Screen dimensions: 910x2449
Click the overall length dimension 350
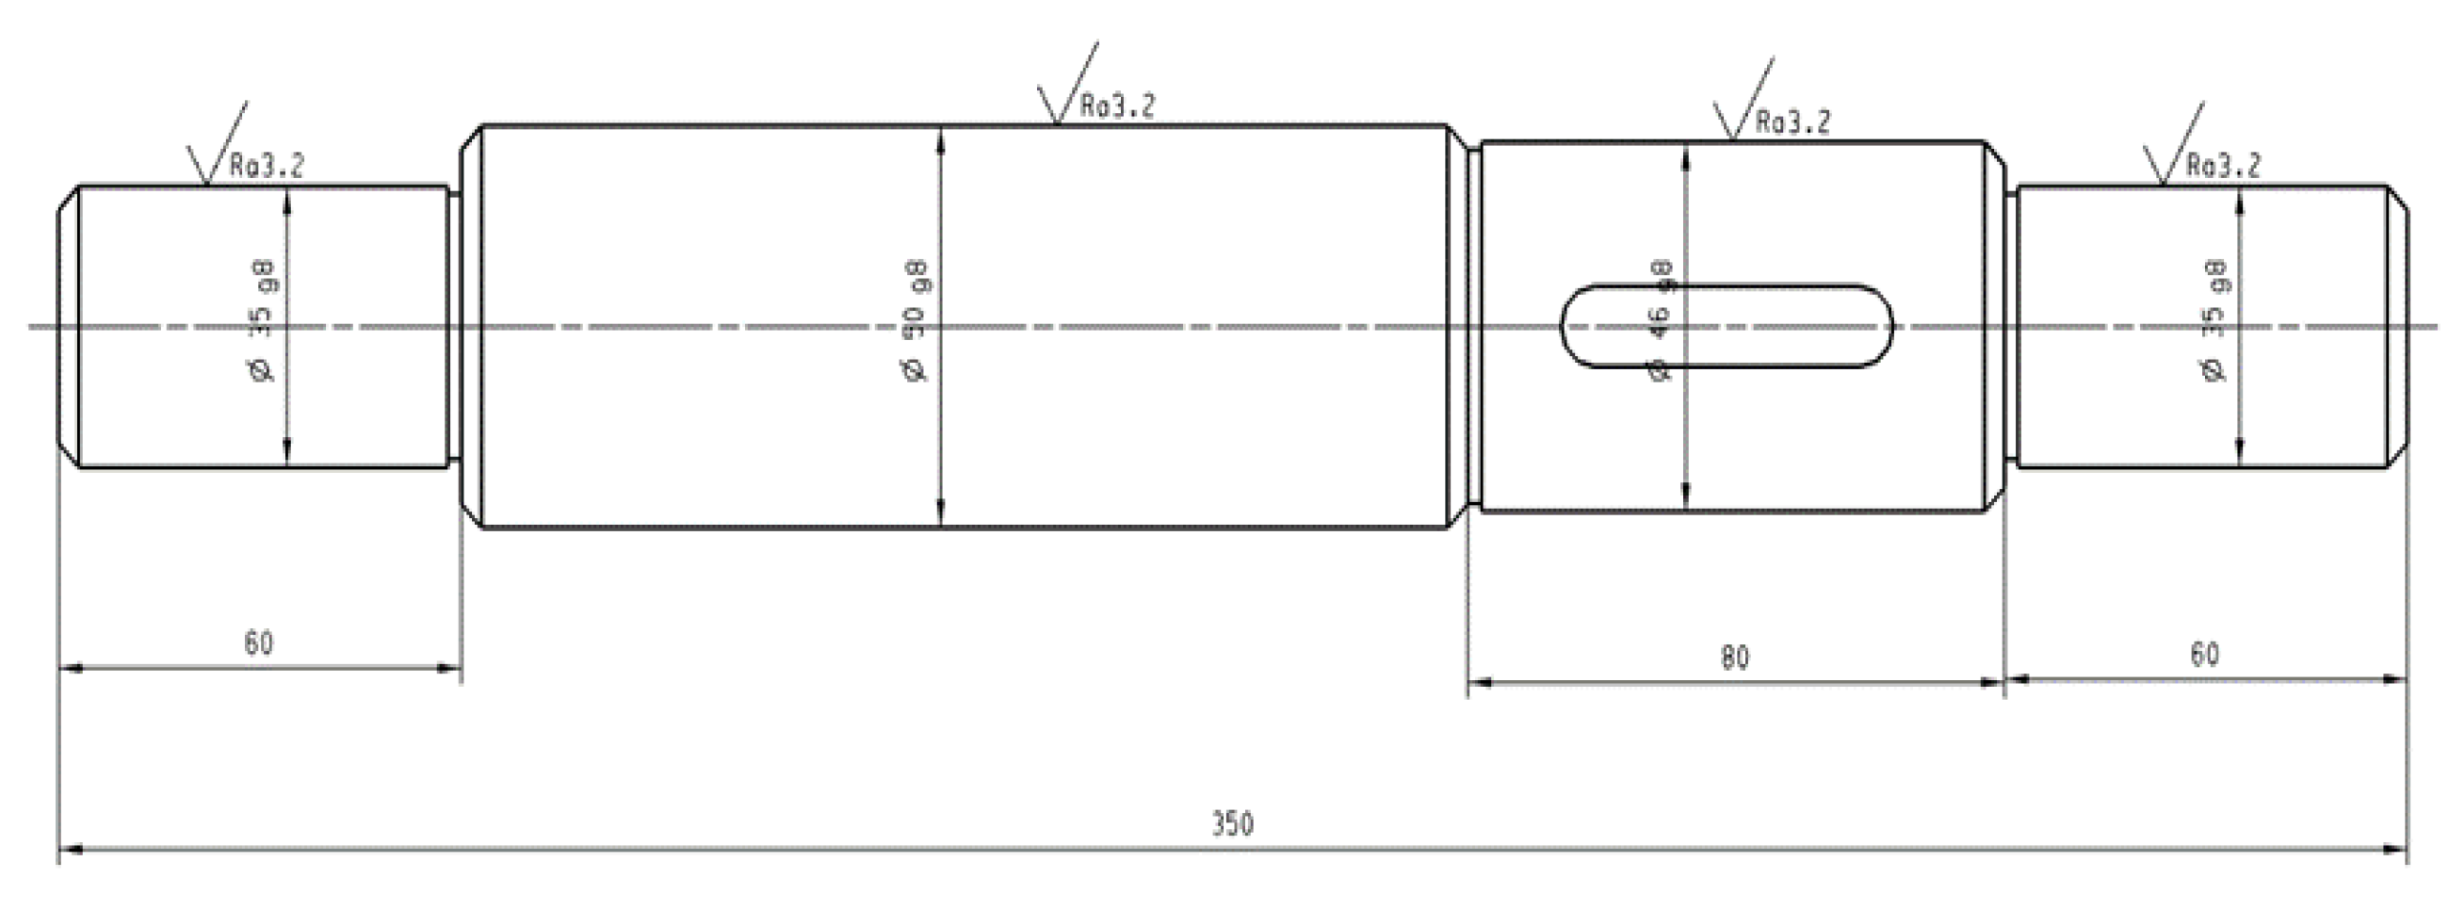tap(1232, 822)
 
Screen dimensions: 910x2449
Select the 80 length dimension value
tap(1734, 657)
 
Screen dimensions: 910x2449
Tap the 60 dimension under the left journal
tap(259, 642)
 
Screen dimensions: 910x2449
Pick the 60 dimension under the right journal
tap(2204, 654)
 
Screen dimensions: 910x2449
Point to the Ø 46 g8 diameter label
tap(1660, 321)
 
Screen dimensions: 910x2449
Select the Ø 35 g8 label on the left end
tap(263, 321)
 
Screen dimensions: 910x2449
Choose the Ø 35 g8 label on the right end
tap(2214, 321)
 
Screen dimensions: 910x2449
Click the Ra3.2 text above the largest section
tap(1117, 106)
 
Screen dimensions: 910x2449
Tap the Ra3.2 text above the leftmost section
tap(268, 167)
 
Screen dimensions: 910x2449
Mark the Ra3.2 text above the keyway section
tap(1792, 122)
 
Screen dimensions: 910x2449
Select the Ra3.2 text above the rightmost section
tap(2224, 167)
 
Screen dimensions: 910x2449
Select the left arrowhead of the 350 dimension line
tap(73, 848)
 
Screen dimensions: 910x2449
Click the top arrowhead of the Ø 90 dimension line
tap(940, 139)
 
